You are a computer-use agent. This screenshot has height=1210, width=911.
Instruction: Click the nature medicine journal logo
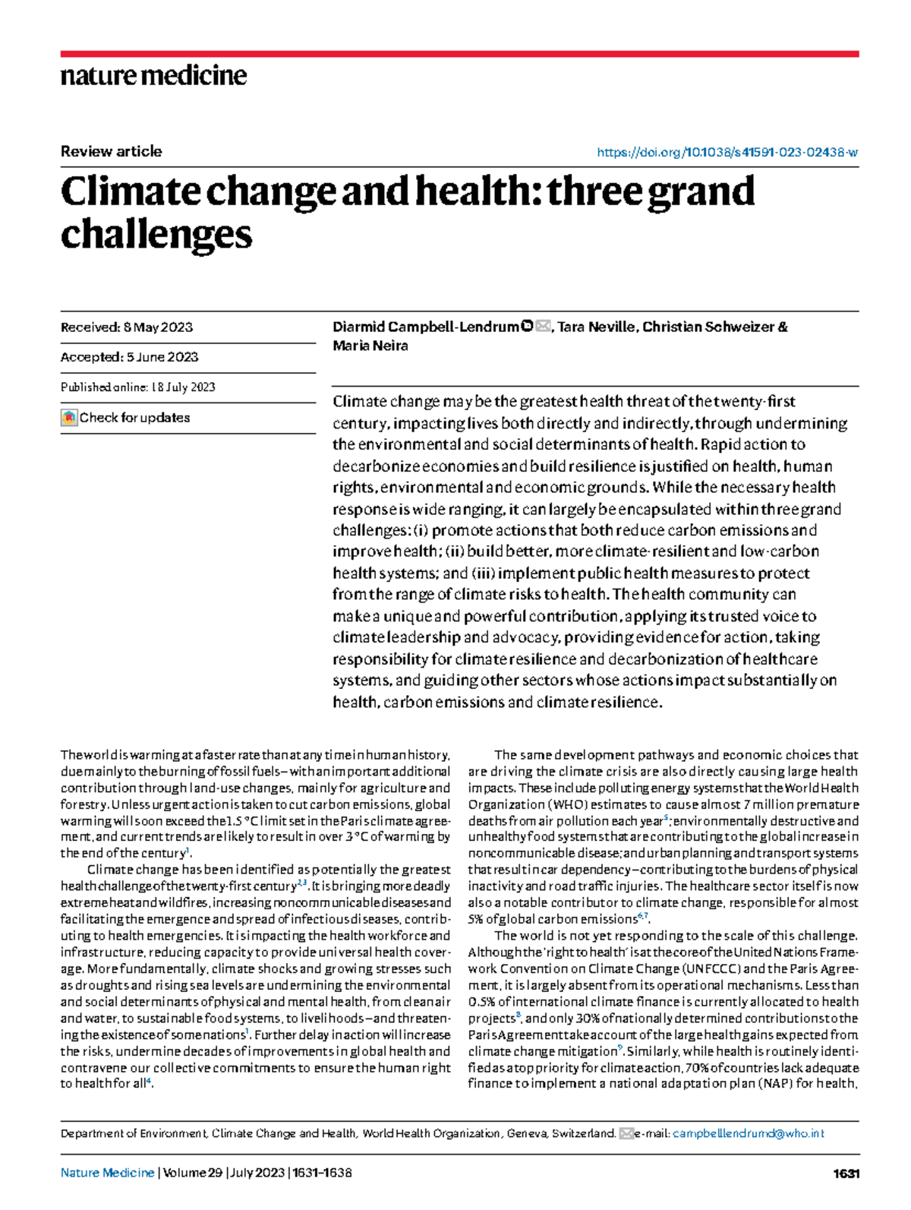[153, 76]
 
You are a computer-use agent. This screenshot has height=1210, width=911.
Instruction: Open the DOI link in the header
[727, 152]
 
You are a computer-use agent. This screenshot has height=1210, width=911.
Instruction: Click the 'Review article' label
[111, 151]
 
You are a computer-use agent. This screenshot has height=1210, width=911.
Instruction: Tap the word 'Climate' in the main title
[129, 191]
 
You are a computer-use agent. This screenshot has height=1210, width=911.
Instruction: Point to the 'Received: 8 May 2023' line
[127, 327]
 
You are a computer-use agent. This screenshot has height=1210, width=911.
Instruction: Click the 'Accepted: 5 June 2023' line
[129, 357]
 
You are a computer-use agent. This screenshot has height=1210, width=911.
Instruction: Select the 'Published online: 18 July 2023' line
[137, 387]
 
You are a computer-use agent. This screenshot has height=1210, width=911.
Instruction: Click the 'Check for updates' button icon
[69, 418]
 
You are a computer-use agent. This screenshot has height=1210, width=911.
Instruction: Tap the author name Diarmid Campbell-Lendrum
[425, 327]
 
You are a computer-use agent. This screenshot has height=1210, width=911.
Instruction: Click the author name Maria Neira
[370, 346]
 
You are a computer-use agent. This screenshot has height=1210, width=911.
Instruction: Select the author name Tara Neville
[596, 327]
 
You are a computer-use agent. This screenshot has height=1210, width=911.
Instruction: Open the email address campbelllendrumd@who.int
[748, 1133]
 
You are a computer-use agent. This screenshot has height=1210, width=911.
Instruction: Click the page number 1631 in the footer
[845, 1174]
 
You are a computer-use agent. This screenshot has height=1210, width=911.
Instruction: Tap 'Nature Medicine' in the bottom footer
[107, 1173]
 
